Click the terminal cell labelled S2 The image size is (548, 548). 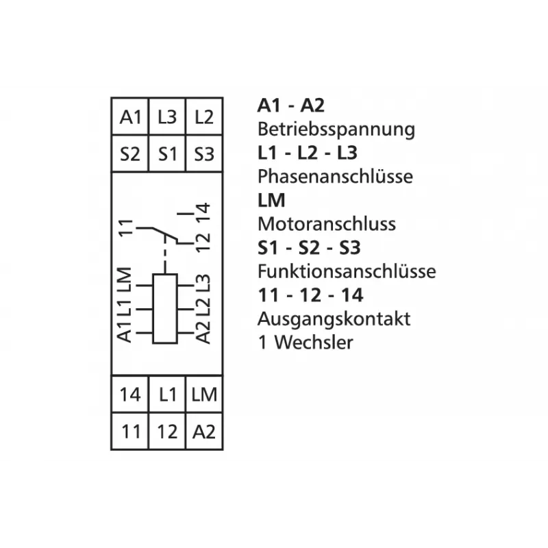[x=130, y=153]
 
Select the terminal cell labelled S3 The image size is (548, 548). [x=204, y=153]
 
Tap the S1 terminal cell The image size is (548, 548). [x=167, y=153]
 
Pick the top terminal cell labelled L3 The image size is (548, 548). [x=167, y=116]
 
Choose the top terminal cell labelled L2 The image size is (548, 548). [x=204, y=116]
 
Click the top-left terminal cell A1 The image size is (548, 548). [x=130, y=116]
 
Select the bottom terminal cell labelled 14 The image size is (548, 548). [x=130, y=395]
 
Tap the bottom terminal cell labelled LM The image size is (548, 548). [x=204, y=395]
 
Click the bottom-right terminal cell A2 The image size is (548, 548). [x=204, y=432]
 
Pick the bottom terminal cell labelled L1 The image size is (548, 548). [x=167, y=395]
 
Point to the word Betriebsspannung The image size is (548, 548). [x=336, y=129]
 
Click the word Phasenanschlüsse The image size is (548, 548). [x=335, y=176]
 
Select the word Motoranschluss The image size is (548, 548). [x=327, y=224]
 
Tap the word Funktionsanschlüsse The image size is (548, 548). [x=347, y=271]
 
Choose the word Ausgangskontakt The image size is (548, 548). [x=334, y=319]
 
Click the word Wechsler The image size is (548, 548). [x=314, y=342]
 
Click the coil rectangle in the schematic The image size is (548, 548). [x=165, y=309]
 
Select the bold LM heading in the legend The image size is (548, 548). [x=271, y=200]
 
